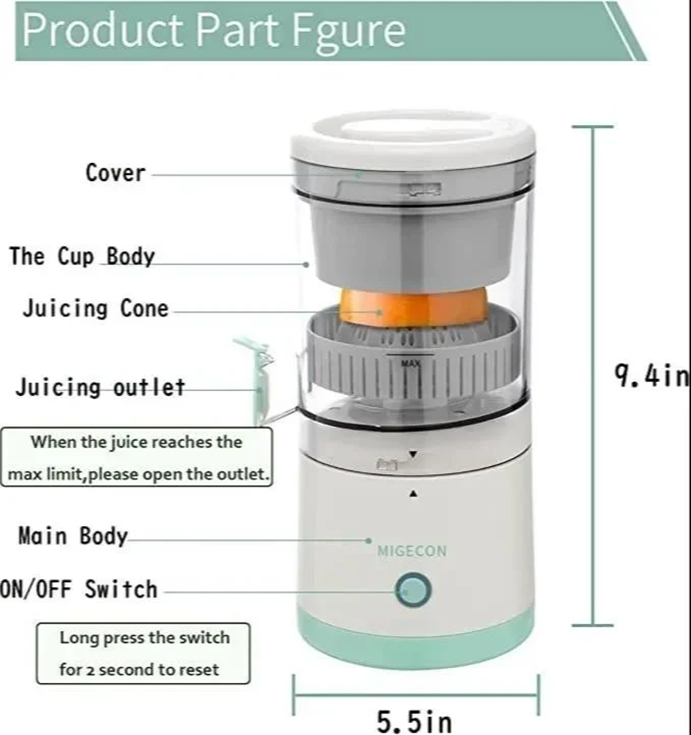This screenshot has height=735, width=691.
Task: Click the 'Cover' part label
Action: pos(115,173)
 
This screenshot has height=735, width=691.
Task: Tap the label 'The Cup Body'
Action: pos(82,257)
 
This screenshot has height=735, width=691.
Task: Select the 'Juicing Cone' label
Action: pos(95,308)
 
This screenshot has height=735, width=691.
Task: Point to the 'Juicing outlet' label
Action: pos(100,387)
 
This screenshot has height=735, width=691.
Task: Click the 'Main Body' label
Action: pos(72,536)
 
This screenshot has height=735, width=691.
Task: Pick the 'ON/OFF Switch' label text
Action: pos(79,589)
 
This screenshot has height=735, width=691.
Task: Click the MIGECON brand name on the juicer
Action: pos(412,551)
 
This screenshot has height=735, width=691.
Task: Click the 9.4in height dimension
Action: pos(651,376)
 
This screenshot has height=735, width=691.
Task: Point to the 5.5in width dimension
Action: pos(415,720)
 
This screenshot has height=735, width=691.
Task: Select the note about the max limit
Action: pos(137,457)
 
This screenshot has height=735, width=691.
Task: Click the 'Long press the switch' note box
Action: pos(144,653)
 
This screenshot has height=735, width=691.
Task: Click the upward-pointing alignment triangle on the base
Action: pos(412,494)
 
